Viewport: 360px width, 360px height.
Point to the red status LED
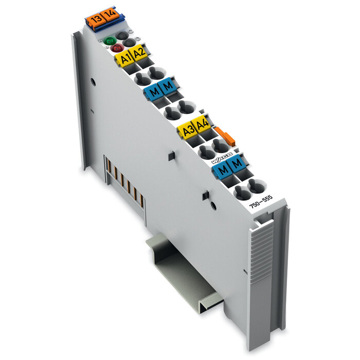tap(115, 48)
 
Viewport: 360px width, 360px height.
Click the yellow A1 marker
tap(125, 58)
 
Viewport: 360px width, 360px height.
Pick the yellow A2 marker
tap(139, 53)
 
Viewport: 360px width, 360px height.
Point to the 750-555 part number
tap(261, 201)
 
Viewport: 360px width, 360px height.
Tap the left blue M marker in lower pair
tap(221, 170)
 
